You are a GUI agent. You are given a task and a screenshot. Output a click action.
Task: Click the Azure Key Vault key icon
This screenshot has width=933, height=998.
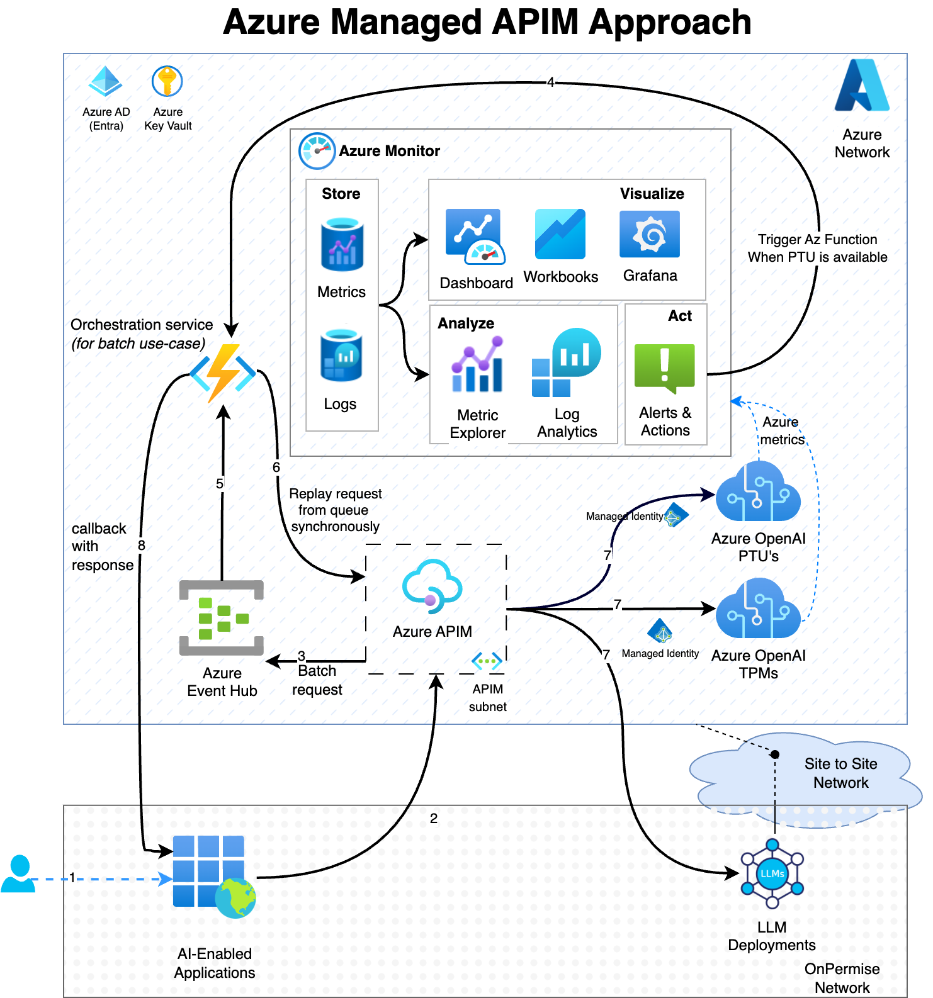pos(167,82)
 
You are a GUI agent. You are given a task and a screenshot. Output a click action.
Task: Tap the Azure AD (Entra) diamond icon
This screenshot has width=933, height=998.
pos(105,81)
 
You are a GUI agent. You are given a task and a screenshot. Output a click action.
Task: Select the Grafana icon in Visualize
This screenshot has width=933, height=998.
pos(649,234)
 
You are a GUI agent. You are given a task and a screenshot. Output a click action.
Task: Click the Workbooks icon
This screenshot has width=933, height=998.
pos(560,234)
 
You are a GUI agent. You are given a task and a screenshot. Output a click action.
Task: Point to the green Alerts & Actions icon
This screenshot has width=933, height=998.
pos(664,367)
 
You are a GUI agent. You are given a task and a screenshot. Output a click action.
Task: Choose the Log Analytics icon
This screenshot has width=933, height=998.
pos(566,363)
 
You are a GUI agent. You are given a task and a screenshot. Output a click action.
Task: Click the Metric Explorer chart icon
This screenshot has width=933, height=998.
pos(477,365)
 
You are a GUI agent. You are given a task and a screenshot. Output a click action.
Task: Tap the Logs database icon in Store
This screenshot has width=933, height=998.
pos(341,356)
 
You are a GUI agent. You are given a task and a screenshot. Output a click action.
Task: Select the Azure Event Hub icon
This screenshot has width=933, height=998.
pos(221,618)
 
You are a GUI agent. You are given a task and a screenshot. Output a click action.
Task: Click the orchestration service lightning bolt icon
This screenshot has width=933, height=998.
pos(223,373)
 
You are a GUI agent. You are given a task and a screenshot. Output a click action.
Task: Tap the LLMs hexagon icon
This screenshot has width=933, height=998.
pos(772,873)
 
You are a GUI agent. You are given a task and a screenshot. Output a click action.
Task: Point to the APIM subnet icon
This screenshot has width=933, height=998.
pos(487,661)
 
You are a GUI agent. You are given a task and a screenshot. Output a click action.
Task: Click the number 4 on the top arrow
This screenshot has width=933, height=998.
pos(550,82)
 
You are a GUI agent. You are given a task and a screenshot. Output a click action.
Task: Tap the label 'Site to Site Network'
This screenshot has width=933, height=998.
pos(840,773)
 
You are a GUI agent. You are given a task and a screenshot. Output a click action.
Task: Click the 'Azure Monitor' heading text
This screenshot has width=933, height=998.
pos(389,151)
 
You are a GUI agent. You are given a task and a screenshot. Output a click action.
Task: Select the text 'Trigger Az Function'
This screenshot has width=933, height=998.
pos(817,240)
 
